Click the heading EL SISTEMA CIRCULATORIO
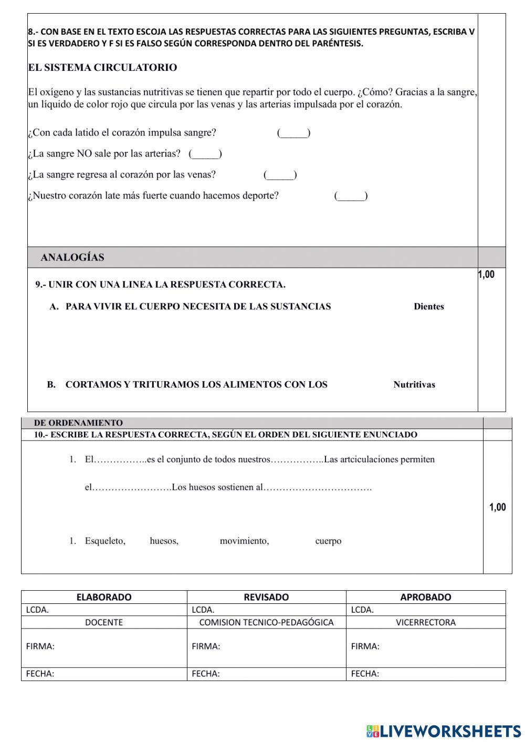[102, 68]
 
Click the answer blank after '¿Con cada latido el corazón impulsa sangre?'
[293, 133]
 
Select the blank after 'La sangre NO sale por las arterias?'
[205, 154]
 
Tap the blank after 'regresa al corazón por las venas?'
[280, 175]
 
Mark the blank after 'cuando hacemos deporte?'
[351, 196]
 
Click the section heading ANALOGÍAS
[72, 257]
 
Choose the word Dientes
[428, 307]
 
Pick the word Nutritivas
[414, 384]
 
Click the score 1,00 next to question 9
[486, 275]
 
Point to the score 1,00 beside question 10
[497, 507]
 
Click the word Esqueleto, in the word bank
[105, 541]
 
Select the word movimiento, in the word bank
[244, 541]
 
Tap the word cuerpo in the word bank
[328, 541]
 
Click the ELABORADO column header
[104, 597]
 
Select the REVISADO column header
[266, 597]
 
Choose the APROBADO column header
[425, 597]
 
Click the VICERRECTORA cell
[425, 622]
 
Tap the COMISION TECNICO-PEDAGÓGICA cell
[266, 622]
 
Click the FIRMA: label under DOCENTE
[40, 646]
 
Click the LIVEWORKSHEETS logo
[444, 731]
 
